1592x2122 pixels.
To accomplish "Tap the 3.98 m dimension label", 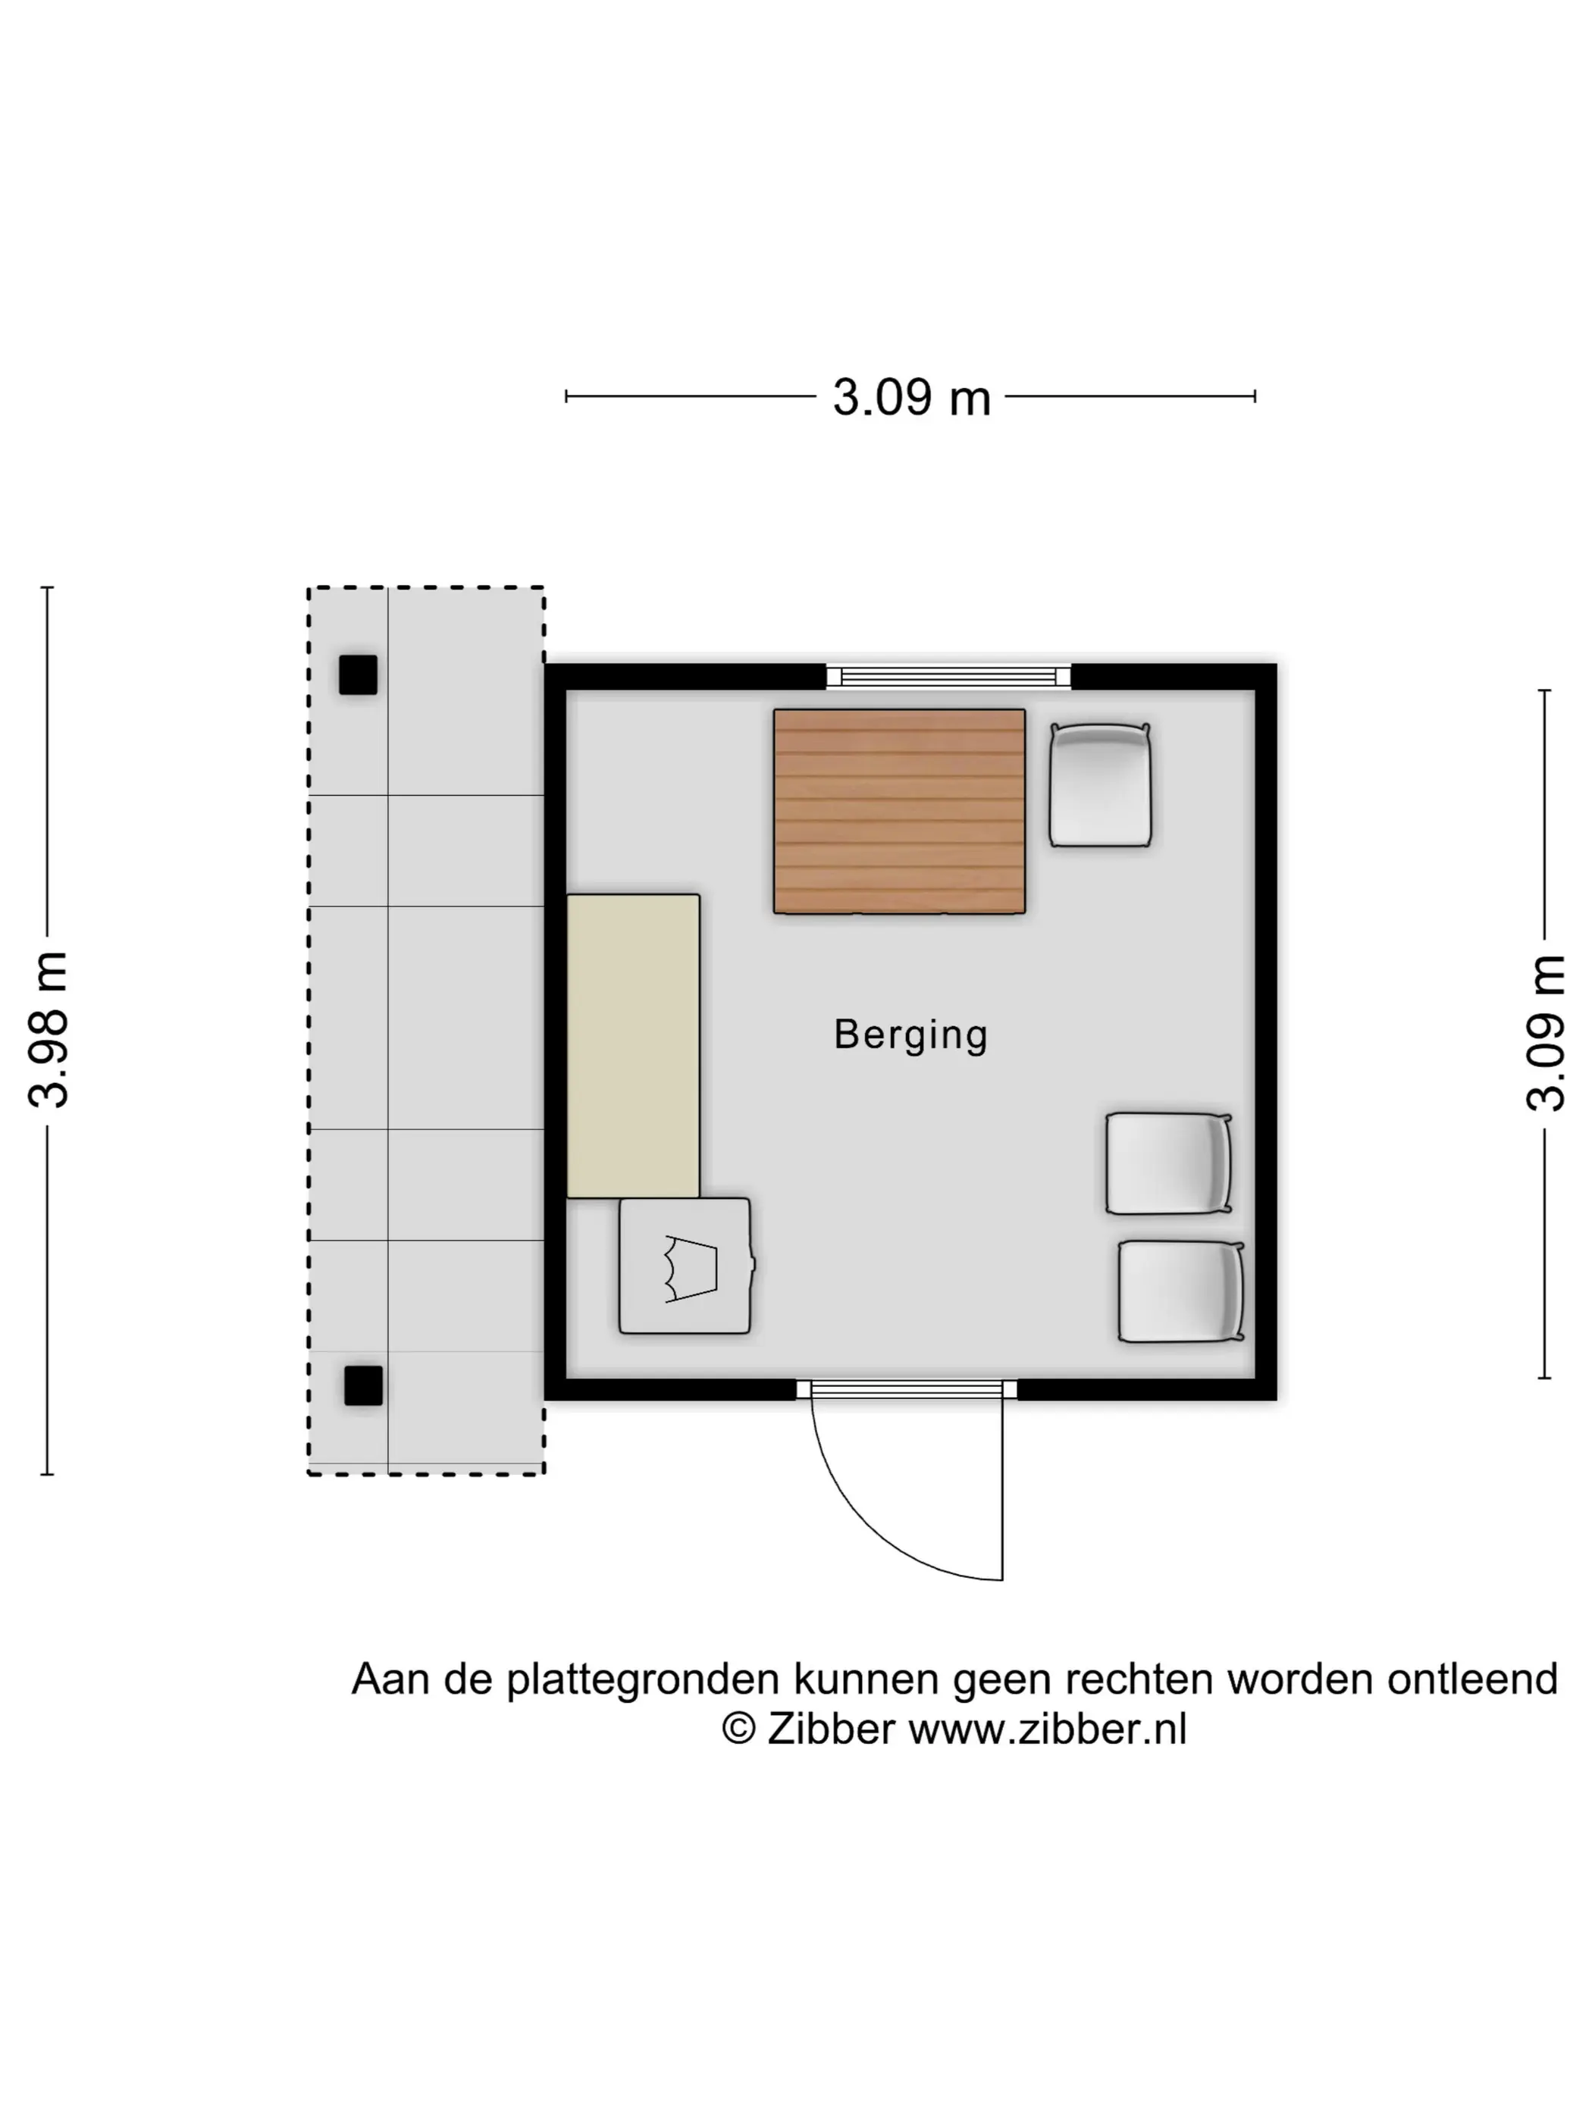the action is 48,1030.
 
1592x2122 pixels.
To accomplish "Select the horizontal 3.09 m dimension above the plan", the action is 910,397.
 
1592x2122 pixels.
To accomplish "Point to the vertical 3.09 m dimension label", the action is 1545,1032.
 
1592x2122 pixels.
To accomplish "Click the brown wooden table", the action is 899,811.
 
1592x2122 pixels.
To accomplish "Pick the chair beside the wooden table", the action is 1100,784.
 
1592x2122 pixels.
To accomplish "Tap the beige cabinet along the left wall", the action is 633,1046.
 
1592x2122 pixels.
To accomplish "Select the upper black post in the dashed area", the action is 358,674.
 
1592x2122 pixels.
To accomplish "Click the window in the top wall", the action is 948,676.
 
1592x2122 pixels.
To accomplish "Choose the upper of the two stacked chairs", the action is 1168,1163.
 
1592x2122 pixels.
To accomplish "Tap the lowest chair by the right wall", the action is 1180,1291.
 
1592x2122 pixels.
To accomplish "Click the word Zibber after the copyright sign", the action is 831,1729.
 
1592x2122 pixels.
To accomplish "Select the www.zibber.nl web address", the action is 1048,1729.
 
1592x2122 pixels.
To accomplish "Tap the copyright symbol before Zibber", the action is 739,1729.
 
